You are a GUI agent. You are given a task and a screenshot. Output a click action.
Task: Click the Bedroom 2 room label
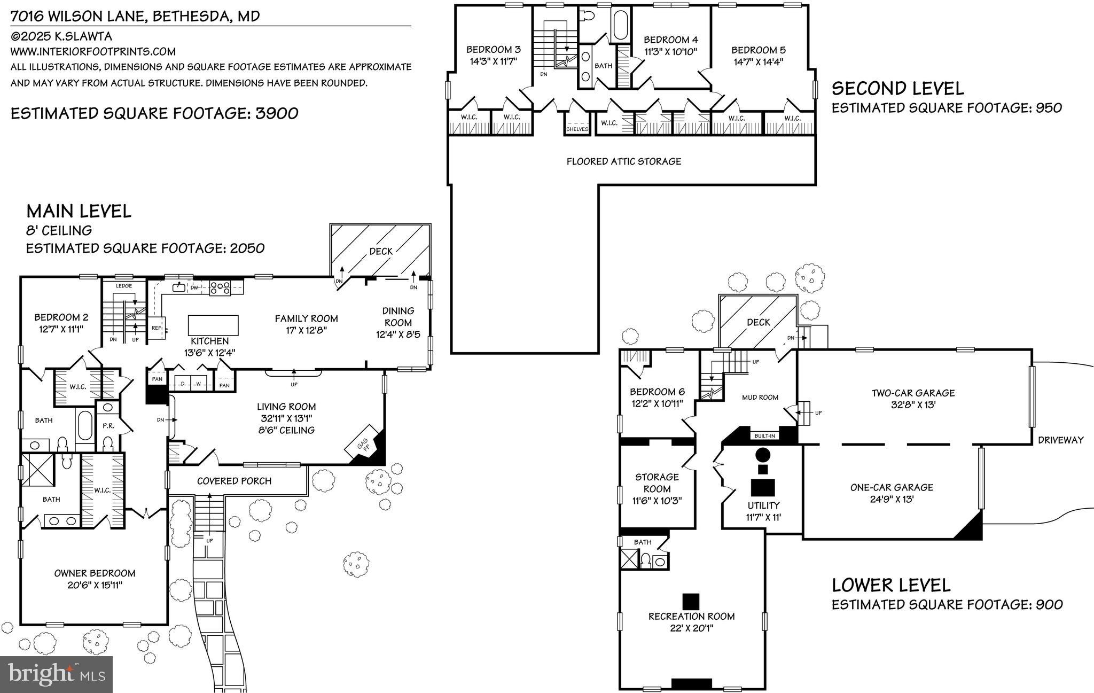coord(61,317)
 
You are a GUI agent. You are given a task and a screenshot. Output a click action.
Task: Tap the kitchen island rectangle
coord(213,325)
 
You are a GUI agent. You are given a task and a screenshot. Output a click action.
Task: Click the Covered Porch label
coord(234,481)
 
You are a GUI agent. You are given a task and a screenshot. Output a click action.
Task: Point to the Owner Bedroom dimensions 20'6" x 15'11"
coord(95,585)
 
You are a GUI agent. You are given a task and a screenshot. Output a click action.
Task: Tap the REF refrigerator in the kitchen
coord(158,328)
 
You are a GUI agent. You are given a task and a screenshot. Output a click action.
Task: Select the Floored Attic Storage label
coord(623,161)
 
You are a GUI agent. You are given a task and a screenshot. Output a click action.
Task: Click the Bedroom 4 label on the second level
coord(670,40)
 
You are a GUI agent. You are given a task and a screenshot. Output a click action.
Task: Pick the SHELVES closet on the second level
coord(577,129)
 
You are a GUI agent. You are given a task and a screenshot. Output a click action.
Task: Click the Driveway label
coord(1060,440)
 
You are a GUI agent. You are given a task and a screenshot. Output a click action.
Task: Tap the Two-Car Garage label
coord(913,393)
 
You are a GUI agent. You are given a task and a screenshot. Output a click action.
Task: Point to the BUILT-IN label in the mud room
coord(764,436)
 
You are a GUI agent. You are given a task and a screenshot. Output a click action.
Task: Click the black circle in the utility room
coord(763,455)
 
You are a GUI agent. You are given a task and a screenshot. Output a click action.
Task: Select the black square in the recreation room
coord(691,601)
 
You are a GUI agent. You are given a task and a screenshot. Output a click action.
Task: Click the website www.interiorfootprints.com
coord(93,52)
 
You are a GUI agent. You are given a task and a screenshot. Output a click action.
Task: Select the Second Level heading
coord(897,88)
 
